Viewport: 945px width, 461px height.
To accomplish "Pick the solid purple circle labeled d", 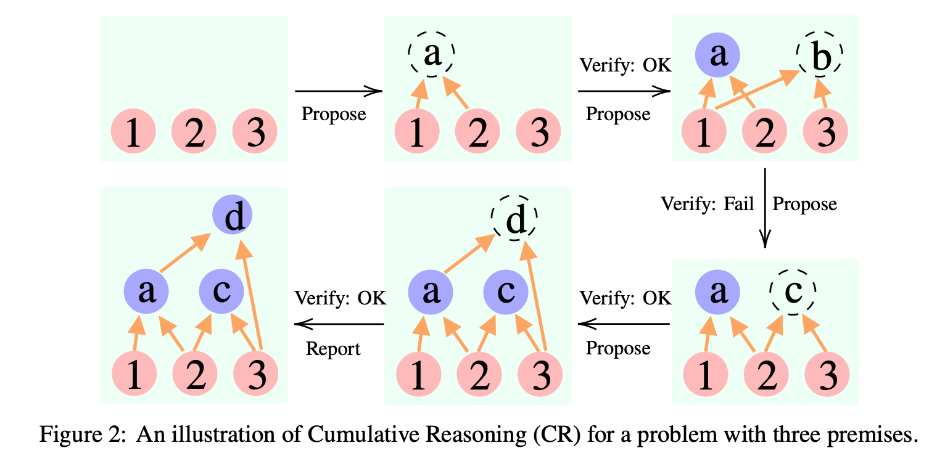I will coord(233,217).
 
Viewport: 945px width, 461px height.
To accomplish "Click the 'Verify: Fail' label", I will coord(708,203).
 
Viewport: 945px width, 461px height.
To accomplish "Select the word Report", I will coord(333,349).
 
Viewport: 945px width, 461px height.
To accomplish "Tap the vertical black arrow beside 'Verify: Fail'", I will coord(764,207).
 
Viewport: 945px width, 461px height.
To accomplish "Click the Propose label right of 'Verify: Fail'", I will coord(804,203).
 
